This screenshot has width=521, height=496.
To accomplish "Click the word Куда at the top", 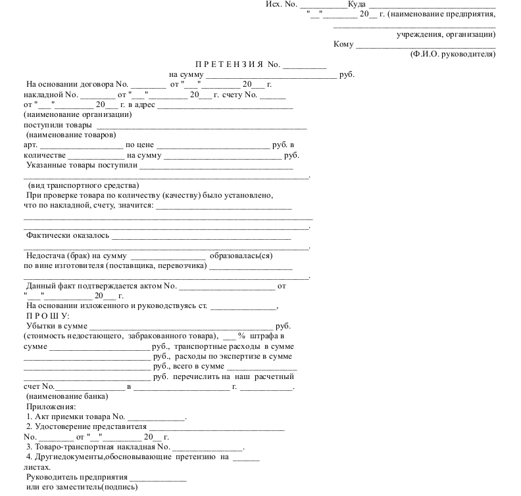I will (x=357, y=4).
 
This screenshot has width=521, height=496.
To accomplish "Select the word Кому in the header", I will (x=343, y=45).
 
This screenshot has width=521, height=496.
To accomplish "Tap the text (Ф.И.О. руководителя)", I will (x=453, y=55).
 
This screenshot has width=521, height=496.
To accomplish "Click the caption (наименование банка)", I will (x=67, y=396).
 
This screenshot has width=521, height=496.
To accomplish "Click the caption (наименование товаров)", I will (x=71, y=135).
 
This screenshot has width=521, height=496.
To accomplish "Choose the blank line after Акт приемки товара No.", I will (x=156, y=418).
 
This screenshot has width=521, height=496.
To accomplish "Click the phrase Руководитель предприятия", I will (x=76, y=477).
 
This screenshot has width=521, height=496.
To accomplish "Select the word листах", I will (x=37, y=467).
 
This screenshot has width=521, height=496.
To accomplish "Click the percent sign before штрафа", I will (x=241, y=336).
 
